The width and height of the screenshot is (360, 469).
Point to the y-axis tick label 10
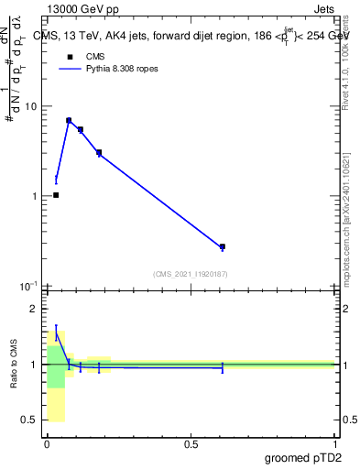point(29,106)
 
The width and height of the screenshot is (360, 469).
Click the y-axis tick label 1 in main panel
point(33,196)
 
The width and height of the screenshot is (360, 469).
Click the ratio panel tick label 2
point(34,310)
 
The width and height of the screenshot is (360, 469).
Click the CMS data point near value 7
point(69,120)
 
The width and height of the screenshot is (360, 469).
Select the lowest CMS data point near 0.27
point(223,247)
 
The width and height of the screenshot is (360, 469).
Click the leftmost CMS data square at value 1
point(56,195)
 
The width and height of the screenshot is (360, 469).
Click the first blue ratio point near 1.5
point(56,335)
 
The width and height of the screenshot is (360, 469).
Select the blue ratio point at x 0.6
point(223,367)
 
